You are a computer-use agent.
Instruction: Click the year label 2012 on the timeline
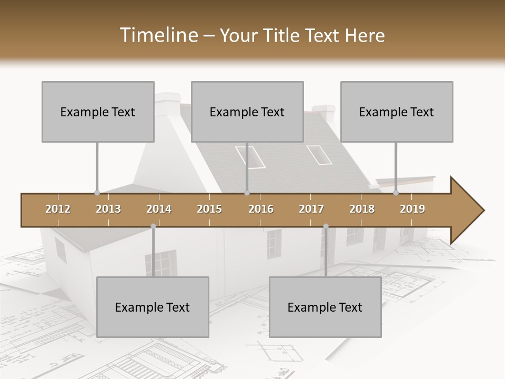click(58, 209)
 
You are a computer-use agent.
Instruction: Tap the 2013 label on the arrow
click(108, 209)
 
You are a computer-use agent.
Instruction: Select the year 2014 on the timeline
click(159, 209)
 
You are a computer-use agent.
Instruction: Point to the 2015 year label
click(209, 209)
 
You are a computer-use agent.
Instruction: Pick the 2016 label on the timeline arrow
click(261, 209)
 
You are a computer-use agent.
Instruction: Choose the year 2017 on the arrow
click(311, 209)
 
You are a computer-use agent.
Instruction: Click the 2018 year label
click(362, 209)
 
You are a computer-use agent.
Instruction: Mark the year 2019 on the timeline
click(412, 209)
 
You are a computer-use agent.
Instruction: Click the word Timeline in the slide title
click(157, 35)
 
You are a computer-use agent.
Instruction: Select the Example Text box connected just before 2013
click(98, 112)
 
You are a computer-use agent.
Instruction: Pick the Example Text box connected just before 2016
click(247, 112)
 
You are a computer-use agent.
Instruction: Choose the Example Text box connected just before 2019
click(397, 112)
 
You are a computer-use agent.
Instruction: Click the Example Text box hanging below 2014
click(153, 307)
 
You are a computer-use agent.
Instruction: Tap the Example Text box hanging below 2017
click(325, 307)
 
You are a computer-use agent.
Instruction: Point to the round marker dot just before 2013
click(97, 193)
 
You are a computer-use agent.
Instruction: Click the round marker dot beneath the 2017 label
click(326, 226)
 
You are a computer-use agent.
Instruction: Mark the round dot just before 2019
click(396, 193)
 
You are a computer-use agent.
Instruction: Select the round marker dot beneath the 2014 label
click(153, 226)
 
